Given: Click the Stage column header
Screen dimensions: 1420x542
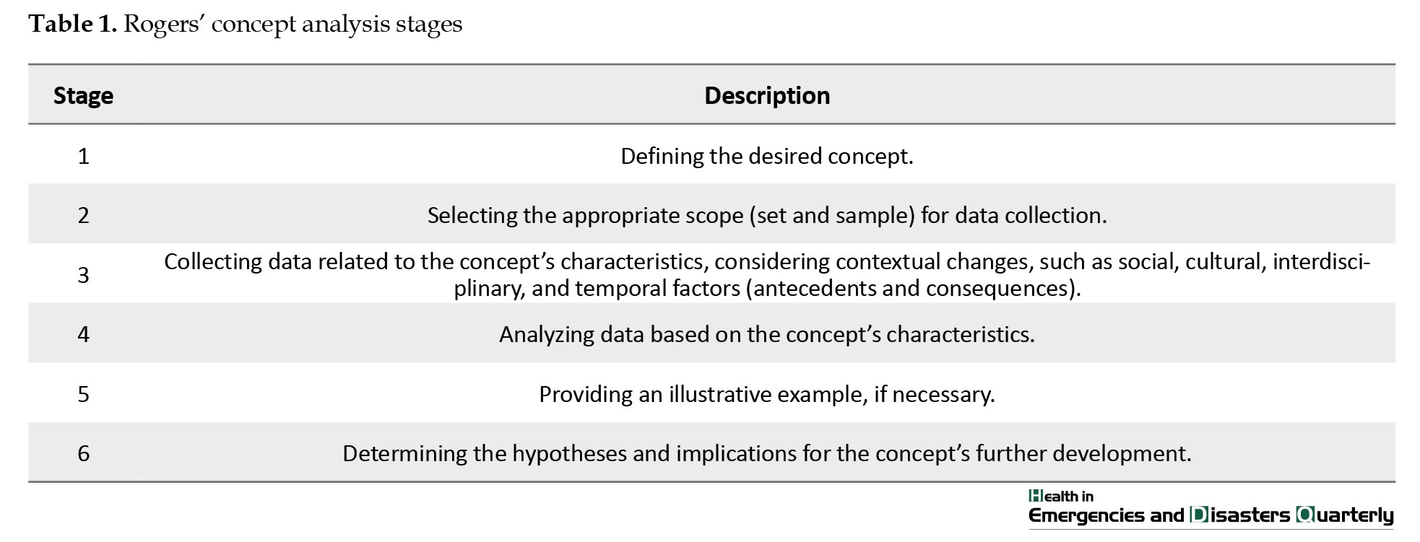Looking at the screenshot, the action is click(83, 96).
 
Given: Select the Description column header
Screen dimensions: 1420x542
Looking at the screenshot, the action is click(767, 96).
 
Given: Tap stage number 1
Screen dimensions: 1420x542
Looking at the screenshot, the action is click(83, 156).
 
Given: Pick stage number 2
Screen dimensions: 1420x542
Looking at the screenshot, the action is click(83, 215).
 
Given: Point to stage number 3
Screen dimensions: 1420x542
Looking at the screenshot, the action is click(83, 275).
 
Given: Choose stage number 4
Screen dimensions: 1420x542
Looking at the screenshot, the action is click(83, 334).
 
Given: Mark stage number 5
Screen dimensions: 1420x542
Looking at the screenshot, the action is click(83, 394).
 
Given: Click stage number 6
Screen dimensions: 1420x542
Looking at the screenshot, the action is click(83, 453).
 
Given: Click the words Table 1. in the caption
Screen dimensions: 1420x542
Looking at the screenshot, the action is click(72, 24).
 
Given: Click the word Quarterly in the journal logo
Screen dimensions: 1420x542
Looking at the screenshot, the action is click(1345, 515).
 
